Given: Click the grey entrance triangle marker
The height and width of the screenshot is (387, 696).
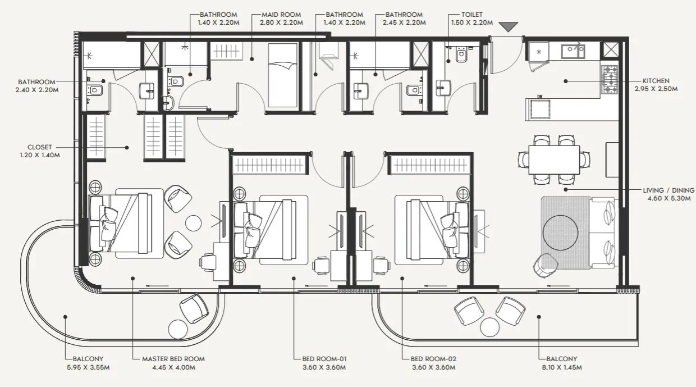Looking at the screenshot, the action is (509, 26).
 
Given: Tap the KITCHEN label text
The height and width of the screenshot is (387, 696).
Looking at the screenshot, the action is (656, 81).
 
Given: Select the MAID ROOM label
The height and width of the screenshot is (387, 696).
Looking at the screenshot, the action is (281, 15).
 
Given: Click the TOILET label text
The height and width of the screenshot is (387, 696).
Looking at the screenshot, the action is (472, 15).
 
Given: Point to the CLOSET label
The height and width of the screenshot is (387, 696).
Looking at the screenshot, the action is (39, 147).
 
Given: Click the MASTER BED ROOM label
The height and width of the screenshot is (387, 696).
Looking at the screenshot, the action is (173, 359).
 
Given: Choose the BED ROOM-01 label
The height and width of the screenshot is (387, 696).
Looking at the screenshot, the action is (324, 359).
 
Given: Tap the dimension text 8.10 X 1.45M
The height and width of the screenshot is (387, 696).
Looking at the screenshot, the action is (562, 367).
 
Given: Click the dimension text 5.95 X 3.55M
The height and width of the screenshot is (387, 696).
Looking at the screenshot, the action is (88, 367).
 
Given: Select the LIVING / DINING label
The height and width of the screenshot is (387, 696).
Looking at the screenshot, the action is (668, 190).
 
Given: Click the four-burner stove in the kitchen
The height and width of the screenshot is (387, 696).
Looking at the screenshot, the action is (610, 80).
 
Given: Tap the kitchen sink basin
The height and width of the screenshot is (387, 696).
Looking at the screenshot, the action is (573, 52).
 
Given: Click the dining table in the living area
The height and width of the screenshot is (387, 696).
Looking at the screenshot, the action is (554, 160).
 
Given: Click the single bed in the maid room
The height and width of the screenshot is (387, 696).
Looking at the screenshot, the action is (282, 75).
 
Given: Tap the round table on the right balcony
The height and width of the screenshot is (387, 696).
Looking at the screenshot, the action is (489, 327).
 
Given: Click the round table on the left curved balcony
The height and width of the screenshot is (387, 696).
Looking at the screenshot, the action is (178, 330).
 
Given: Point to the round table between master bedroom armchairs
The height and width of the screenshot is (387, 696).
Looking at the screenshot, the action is (193, 223).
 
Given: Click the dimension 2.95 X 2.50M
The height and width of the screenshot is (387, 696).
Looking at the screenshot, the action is (656, 89).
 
